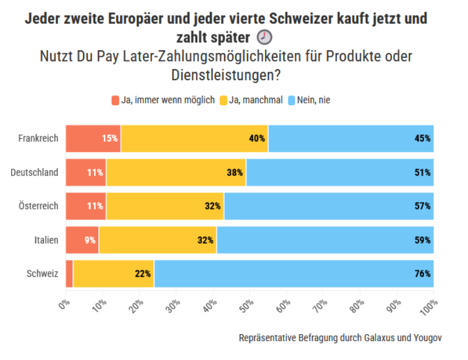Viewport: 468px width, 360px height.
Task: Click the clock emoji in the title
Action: pyautogui.click(x=264, y=37)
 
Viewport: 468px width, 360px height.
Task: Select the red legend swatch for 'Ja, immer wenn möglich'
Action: pyautogui.click(x=115, y=100)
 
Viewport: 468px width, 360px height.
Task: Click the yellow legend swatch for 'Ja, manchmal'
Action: pyautogui.click(x=223, y=100)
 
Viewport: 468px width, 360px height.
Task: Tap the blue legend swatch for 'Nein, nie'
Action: pyautogui.click(x=292, y=100)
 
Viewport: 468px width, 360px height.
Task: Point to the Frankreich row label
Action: pyautogui.click(x=38, y=139)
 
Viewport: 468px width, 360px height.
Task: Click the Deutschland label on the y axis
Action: pyautogui.click(x=35, y=172)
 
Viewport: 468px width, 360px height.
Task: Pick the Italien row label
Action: pyautogui.click(x=45, y=240)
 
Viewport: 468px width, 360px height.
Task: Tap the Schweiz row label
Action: pyautogui.click(x=43, y=273)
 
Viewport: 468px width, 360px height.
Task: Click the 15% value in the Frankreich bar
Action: pyautogui.click(x=110, y=139)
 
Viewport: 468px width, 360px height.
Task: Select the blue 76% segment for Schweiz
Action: pyautogui.click(x=294, y=273)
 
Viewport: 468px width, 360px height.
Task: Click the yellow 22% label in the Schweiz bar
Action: pyautogui.click(x=143, y=273)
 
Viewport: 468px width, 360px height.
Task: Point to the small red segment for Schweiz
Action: pyautogui.click(x=69, y=273)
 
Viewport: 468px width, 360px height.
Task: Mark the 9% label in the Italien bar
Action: pyautogui.click(x=89, y=240)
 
